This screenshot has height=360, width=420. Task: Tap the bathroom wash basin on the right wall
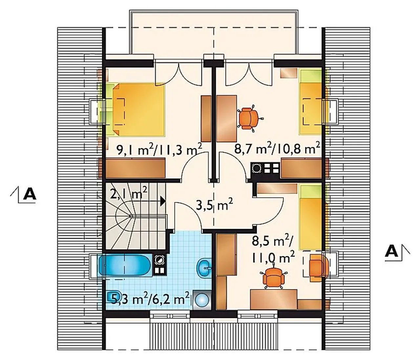(204, 268)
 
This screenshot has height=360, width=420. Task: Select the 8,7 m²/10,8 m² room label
(277, 149)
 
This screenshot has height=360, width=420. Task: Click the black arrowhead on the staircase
(163, 201)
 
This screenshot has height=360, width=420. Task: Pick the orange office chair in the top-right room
(250, 118)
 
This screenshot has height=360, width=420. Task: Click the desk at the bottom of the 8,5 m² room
(274, 300)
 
